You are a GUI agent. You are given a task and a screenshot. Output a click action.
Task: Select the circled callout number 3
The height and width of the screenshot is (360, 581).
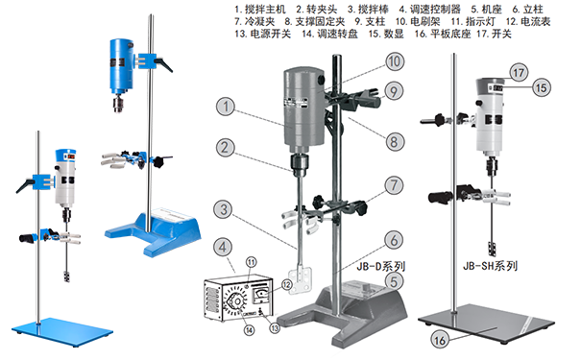click(x=222, y=207)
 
